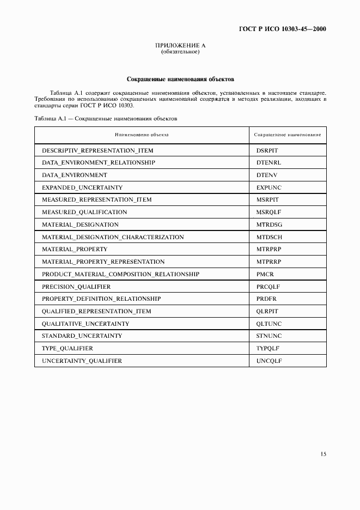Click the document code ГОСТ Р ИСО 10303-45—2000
[283, 29]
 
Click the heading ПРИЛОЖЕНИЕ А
[180, 46]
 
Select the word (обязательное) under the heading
[180, 52]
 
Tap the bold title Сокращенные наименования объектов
[180, 79]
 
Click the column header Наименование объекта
[142, 134]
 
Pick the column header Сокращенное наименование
[288, 134]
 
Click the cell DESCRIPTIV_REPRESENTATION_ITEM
[97, 150]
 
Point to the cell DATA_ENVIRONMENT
[74, 175]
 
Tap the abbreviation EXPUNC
[269, 187]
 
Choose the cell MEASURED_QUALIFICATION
[84, 212]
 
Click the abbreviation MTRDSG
[269, 224]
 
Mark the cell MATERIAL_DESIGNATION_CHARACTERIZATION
[113, 237]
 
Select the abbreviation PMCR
[264, 274]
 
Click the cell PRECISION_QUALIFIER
[76, 287]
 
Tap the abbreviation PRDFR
[267, 299]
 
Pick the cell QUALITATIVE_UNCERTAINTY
[85, 324]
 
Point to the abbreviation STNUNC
[269, 336]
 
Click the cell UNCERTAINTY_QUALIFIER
[82, 361]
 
